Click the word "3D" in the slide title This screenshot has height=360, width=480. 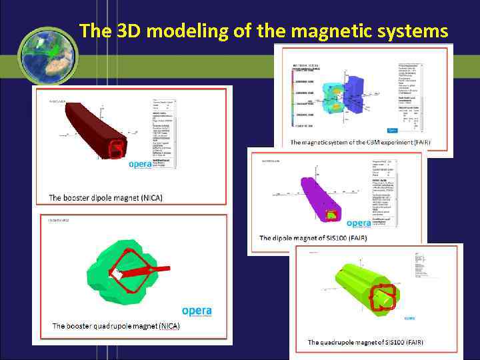coord(130,31)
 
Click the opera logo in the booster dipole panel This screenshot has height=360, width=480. coord(143,164)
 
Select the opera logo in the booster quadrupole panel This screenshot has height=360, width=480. coord(197,311)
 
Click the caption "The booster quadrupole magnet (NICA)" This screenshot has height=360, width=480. coord(115,326)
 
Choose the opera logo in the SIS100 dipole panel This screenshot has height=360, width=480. coord(359,223)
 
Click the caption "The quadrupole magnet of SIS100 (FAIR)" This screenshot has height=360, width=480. coord(365,342)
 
